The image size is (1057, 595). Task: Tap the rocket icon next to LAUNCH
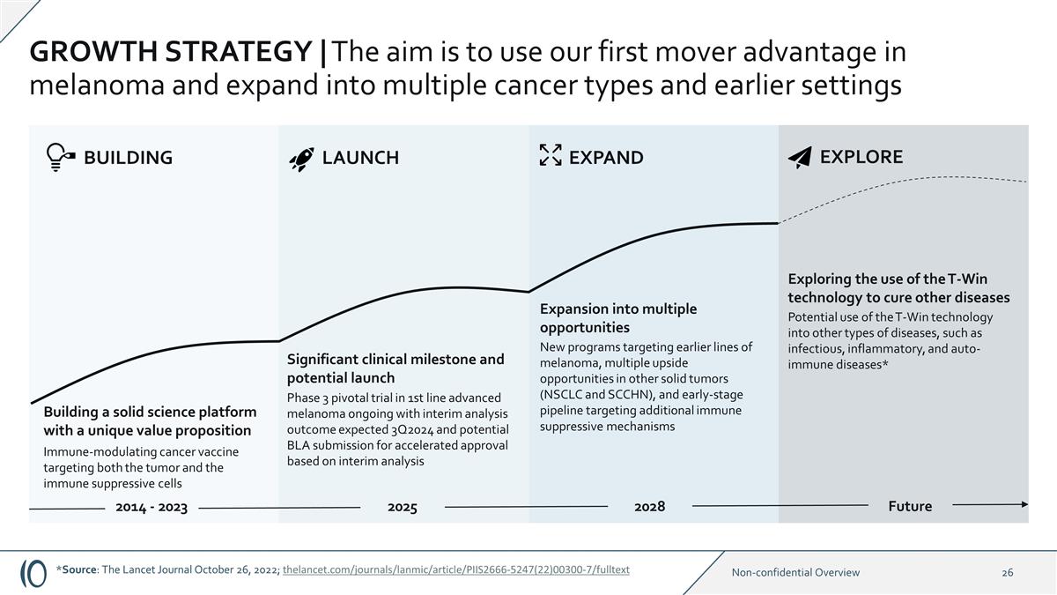pos(301,158)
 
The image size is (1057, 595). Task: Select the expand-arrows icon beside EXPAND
pos(550,155)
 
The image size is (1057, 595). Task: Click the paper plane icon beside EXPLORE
pos(799,157)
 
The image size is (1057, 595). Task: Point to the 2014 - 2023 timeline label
pos(152,507)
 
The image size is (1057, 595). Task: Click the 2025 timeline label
pos(402,507)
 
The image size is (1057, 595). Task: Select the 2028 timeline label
pos(650,506)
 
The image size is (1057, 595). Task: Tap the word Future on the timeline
pos(910,506)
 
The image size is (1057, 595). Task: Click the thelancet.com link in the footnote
pos(455,569)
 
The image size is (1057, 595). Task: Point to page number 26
pos(1007,572)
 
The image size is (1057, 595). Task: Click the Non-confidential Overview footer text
pos(795,572)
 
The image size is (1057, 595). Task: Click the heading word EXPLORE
pos(861,157)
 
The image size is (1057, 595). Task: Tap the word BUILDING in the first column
pos(128,158)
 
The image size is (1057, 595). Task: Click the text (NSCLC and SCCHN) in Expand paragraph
pos(596,394)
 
